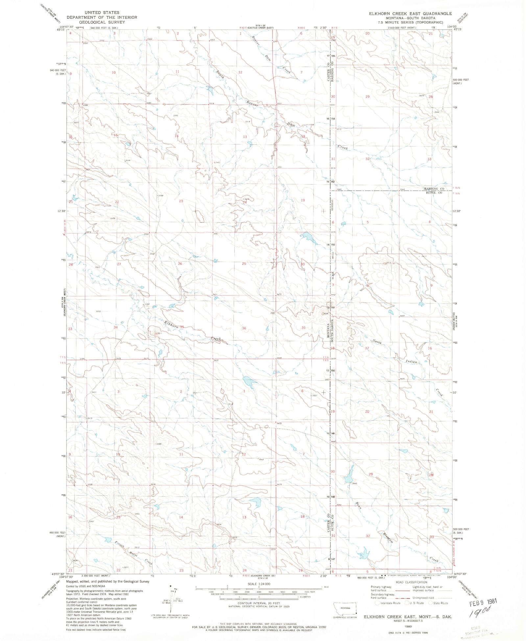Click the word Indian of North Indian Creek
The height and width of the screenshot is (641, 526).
pyautogui.click(x=411, y=361)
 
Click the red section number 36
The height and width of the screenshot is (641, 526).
pyautogui.click(x=244, y=328)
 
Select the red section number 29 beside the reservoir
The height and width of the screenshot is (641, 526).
pyautogui.click(x=371, y=474)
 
